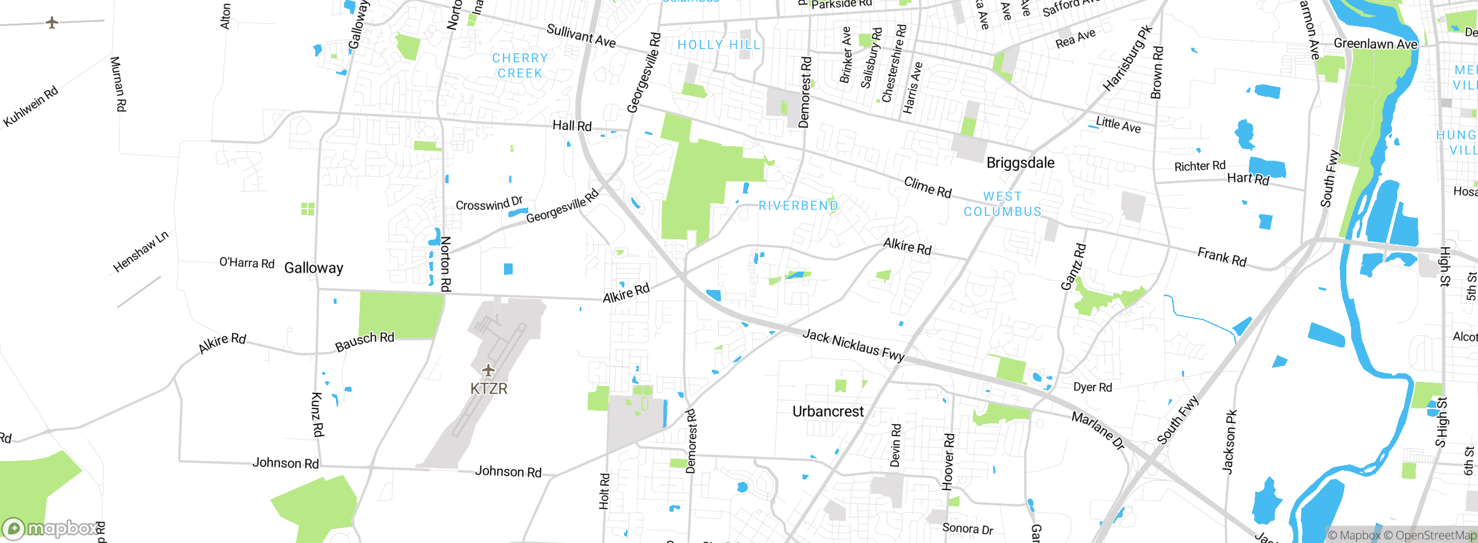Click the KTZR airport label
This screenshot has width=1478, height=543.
[x=488, y=389]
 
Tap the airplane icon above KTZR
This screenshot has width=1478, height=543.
[x=488, y=370]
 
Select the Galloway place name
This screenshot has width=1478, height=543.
[x=313, y=268]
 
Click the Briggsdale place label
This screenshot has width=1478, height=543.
[x=1020, y=163]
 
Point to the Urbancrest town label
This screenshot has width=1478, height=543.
[x=828, y=412]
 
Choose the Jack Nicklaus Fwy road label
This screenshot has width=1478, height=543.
[x=853, y=345]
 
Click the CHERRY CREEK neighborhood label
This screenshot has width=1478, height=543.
[x=520, y=66]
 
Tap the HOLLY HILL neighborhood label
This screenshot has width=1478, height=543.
[x=719, y=45]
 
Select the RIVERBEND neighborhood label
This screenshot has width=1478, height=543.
[x=798, y=206]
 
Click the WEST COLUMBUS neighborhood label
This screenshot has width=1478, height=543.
[x=1002, y=204]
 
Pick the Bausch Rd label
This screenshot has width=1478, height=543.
[x=364, y=341]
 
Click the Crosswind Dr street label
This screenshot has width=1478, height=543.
[x=488, y=203]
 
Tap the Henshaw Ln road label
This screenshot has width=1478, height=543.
[x=140, y=251]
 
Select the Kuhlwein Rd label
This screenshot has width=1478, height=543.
[x=31, y=106]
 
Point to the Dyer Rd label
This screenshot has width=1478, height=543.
[x=1092, y=387]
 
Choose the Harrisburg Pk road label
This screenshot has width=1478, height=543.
[x=1127, y=58]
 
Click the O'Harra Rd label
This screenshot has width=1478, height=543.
[x=247, y=263]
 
